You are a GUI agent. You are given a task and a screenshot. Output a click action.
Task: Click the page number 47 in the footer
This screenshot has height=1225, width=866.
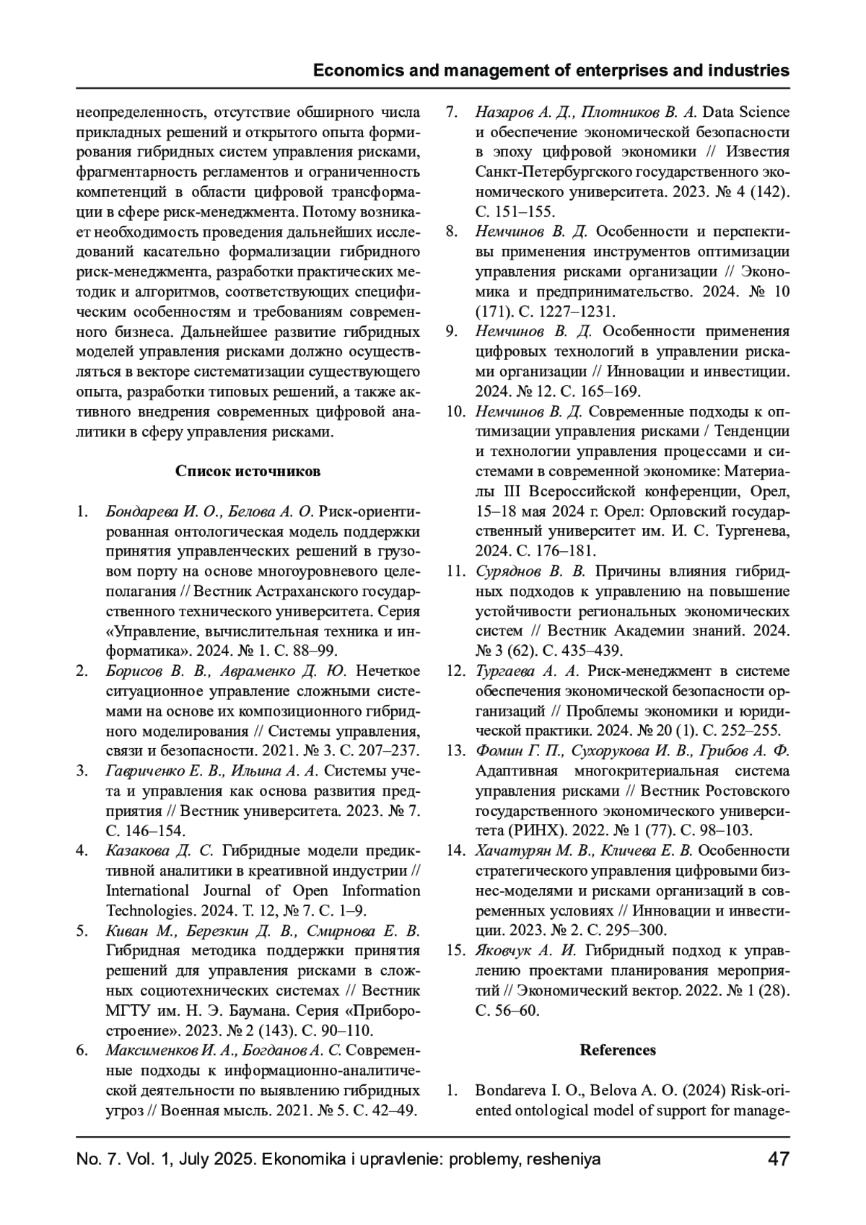(x=778, y=1160)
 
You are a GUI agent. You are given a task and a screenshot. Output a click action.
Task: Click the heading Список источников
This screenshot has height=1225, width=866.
(x=248, y=472)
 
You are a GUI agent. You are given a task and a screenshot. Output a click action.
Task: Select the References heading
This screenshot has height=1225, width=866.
(x=618, y=1050)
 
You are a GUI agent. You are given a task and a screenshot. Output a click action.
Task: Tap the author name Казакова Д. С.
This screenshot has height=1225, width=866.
(x=160, y=851)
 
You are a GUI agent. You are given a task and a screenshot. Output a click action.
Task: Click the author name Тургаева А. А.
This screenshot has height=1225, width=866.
(x=528, y=672)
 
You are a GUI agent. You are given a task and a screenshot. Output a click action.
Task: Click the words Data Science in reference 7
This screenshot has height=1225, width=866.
(x=746, y=113)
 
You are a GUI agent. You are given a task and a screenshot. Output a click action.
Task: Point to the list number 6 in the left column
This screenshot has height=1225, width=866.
(x=82, y=1050)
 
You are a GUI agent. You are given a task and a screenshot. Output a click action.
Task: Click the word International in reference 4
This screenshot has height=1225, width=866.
(x=147, y=890)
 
